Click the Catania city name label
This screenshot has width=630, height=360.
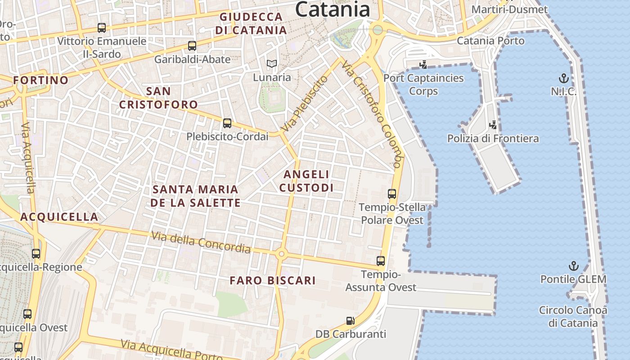click(333, 9)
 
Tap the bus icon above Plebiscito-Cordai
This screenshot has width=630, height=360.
click(227, 123)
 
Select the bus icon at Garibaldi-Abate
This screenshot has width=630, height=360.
click(192, 45)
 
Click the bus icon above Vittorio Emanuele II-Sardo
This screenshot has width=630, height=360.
click(102, 28)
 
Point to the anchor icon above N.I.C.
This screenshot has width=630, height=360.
click(563, 79)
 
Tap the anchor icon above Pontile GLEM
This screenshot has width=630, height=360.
click(573, 265)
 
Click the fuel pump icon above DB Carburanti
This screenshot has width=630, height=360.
click(351, 321)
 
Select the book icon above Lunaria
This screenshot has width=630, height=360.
click(271, 64)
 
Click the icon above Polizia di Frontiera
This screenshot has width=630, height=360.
click(493, 125)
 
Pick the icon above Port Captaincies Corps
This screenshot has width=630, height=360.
click(423, 65)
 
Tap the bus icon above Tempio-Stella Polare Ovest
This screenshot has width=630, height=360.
click(392, 194)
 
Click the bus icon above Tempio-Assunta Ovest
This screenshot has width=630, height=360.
click(381, 261)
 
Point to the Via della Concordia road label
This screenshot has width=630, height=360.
click(201, 242)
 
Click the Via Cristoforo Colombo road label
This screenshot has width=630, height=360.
click(372, 115)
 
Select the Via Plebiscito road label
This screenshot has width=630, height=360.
click(304, 104)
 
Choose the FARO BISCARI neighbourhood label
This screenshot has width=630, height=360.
click(273, 280)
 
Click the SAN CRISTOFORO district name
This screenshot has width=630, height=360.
click(158, 98)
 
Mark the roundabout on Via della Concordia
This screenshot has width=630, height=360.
click(282, 254)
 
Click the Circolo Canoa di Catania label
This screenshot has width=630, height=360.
click(573, 316)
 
